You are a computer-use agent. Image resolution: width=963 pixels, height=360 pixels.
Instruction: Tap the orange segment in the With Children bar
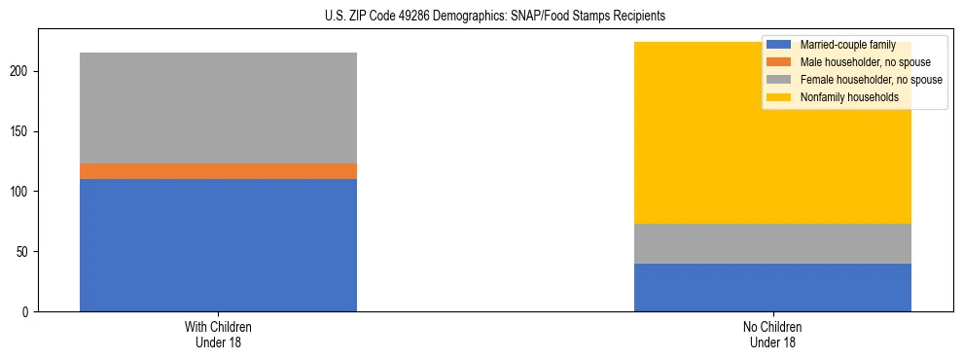point(218,171)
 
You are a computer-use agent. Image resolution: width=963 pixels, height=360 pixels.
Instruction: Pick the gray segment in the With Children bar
point(218,108)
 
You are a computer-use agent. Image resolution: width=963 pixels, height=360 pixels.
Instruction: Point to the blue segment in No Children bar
point(772,287)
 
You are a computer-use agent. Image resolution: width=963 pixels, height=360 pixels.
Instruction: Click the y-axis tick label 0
point(27,312)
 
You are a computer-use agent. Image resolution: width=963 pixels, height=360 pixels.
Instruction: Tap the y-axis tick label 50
point(24,252)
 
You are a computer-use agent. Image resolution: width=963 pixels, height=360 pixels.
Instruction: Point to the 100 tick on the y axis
point(21,192)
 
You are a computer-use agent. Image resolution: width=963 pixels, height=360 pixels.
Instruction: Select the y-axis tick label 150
point(21,131)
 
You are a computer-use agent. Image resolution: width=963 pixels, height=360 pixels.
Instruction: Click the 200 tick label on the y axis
point(21,72)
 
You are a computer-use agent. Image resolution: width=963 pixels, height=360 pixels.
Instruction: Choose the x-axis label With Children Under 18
point(218,334)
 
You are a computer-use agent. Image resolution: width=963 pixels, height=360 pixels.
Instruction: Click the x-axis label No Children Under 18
point(772,334)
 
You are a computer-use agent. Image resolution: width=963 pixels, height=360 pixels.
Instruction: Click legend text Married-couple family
point(847,45)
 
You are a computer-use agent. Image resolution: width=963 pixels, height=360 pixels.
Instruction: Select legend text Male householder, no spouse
point(859,62)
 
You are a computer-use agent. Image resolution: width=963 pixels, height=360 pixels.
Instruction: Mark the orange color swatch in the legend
point(779,62)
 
